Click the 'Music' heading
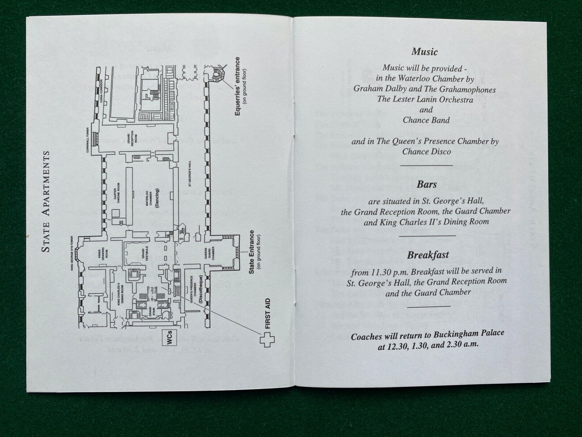(x=424, y=52)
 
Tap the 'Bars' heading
(x=427, y=185)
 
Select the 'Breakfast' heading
(x=428, y=255)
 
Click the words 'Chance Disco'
(x=426, y=151)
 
